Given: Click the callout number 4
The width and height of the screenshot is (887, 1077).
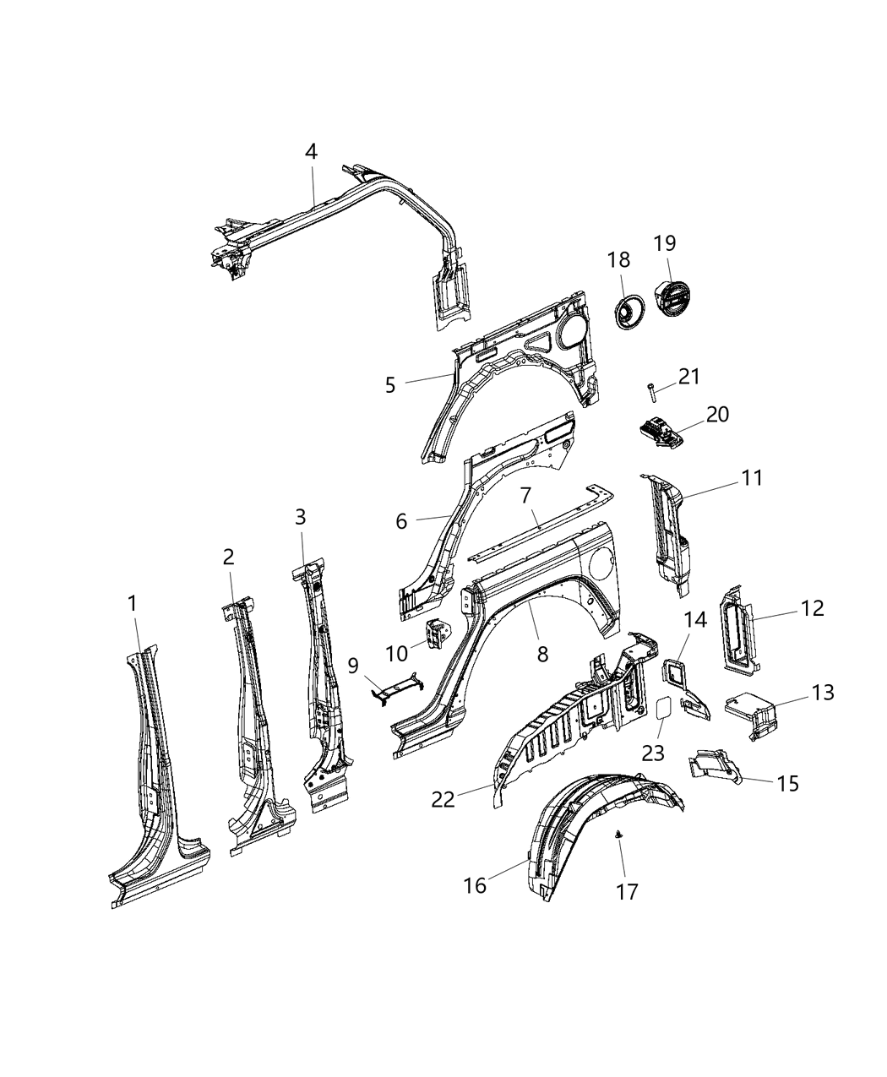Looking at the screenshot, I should pos(311,152).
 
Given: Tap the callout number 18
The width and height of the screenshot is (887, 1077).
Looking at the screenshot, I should pos(618,260).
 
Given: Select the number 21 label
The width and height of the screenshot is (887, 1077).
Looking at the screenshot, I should pos(689,376).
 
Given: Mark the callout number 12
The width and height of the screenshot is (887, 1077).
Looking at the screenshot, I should pos(812,608).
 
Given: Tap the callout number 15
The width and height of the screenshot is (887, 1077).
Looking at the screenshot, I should pos(786,783).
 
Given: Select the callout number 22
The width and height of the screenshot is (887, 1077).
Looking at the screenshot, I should pos(443,798).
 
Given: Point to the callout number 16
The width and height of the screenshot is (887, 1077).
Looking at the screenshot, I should pos(475,884).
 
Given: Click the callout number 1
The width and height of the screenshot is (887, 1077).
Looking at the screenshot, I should pos(132,604).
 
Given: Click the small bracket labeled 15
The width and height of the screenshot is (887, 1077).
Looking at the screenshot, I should pos(715,764).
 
